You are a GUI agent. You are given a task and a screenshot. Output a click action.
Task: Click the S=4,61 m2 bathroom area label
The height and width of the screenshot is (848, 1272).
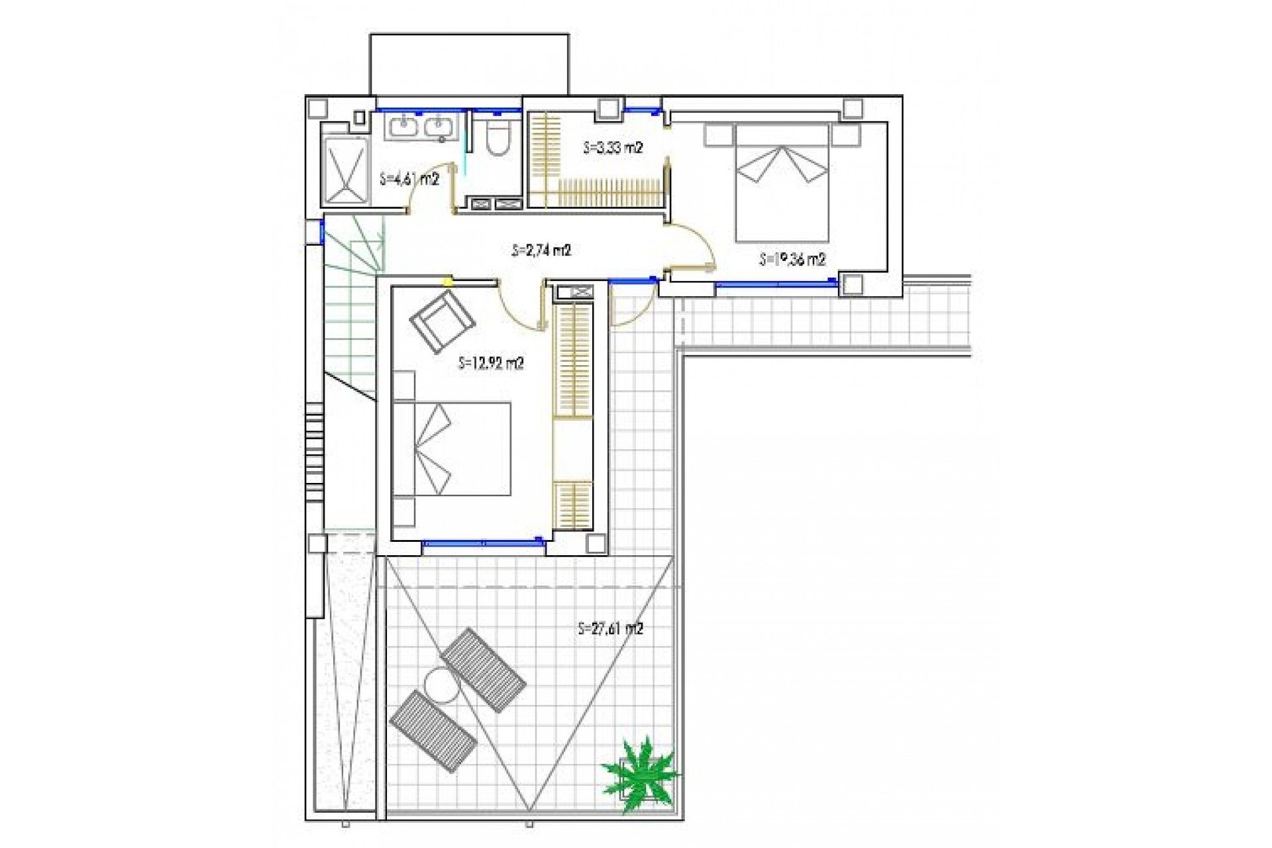tap(409, 179)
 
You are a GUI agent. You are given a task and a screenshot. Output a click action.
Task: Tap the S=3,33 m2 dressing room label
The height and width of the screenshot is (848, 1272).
tap(613, 148)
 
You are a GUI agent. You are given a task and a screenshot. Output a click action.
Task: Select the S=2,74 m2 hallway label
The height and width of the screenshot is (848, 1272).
tap(541, 250)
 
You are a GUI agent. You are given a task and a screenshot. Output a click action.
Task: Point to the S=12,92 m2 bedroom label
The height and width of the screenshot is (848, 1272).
tap(491, 363)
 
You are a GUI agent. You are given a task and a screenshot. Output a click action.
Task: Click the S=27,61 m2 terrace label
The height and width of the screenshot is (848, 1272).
tap(610, 628)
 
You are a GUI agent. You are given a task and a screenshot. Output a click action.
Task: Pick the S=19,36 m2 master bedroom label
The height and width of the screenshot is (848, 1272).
tap(792, 259)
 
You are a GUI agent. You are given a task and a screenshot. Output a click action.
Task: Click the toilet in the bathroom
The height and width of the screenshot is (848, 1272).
tap(497, 137)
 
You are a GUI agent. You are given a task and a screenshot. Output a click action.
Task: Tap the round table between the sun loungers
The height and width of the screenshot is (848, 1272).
tap(441, 685)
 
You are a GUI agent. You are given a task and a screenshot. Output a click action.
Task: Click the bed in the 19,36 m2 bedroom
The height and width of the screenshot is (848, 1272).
tap(782, 182)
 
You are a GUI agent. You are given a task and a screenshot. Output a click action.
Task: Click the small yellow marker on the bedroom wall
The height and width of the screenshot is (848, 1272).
tap(449, 281)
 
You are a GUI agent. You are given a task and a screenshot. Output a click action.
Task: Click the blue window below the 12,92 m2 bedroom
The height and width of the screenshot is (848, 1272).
tap(483, 543)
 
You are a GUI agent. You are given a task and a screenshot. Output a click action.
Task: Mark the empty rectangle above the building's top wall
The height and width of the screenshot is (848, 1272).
tap(469, 64)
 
